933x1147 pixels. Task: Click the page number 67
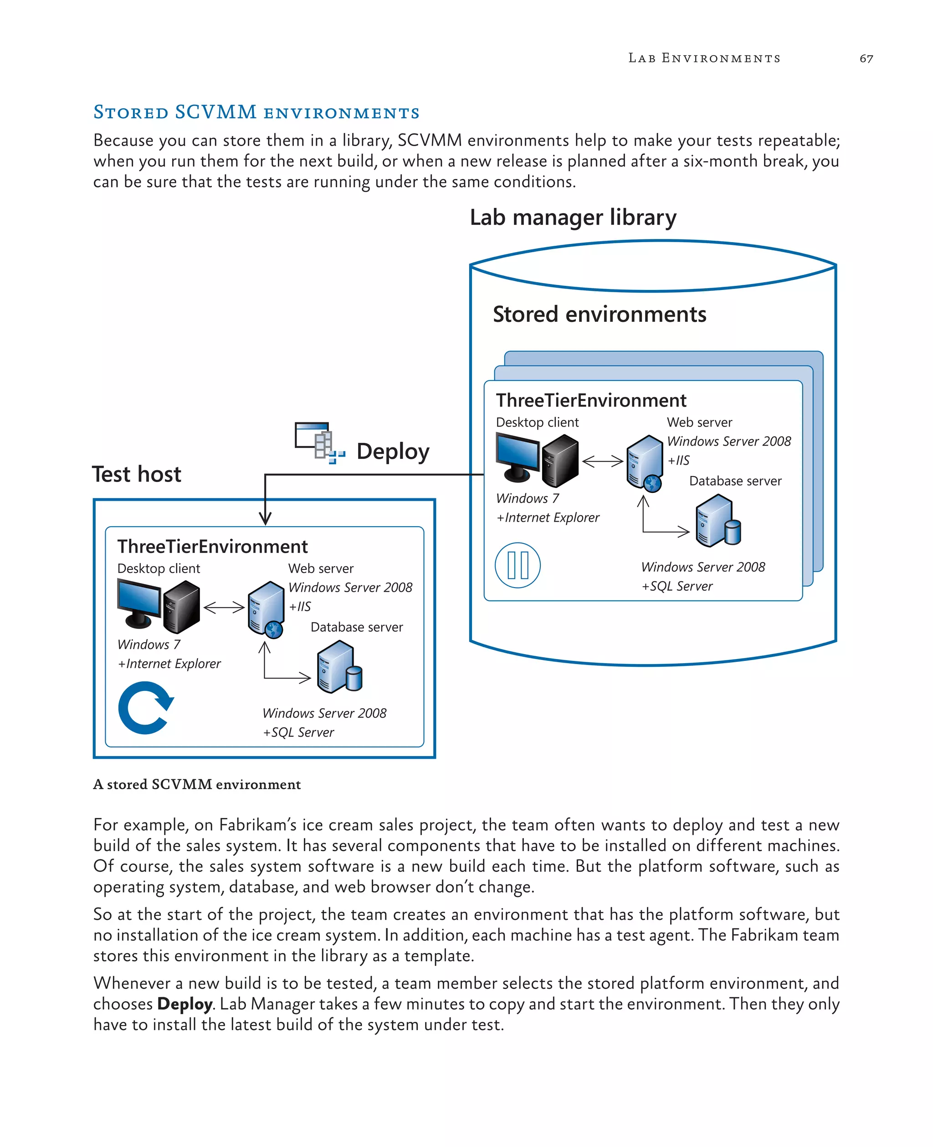click(866, 59)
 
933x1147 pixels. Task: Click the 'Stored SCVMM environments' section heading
click(256, 112)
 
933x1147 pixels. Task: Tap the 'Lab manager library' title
click(573, 218)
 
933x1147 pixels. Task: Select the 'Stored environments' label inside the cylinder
click(599, 314)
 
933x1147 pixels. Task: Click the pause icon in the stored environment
click(517, 565)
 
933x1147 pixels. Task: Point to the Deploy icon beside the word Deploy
click(319, 443)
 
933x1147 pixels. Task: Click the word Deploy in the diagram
click(393, 452)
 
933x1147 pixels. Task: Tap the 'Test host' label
click(137, 474)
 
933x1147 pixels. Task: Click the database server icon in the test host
click(339, 669)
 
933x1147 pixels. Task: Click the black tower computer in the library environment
click(560, 461)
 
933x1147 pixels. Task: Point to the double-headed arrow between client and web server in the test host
click(224, 607)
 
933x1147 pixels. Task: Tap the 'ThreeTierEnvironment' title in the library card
click(591, 401)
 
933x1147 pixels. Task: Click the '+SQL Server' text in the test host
click(298, 732)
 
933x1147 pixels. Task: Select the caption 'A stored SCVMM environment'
click(197, 785)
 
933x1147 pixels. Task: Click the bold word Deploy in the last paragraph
click(185, 1004)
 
